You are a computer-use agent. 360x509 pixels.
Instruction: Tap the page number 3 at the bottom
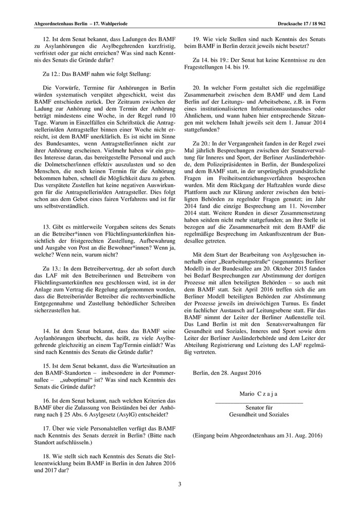(x=180, y=484)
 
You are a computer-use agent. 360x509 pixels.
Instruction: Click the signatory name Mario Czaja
(x=259, y=393)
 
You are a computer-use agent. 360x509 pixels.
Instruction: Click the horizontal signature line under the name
(x=259, y=402)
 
